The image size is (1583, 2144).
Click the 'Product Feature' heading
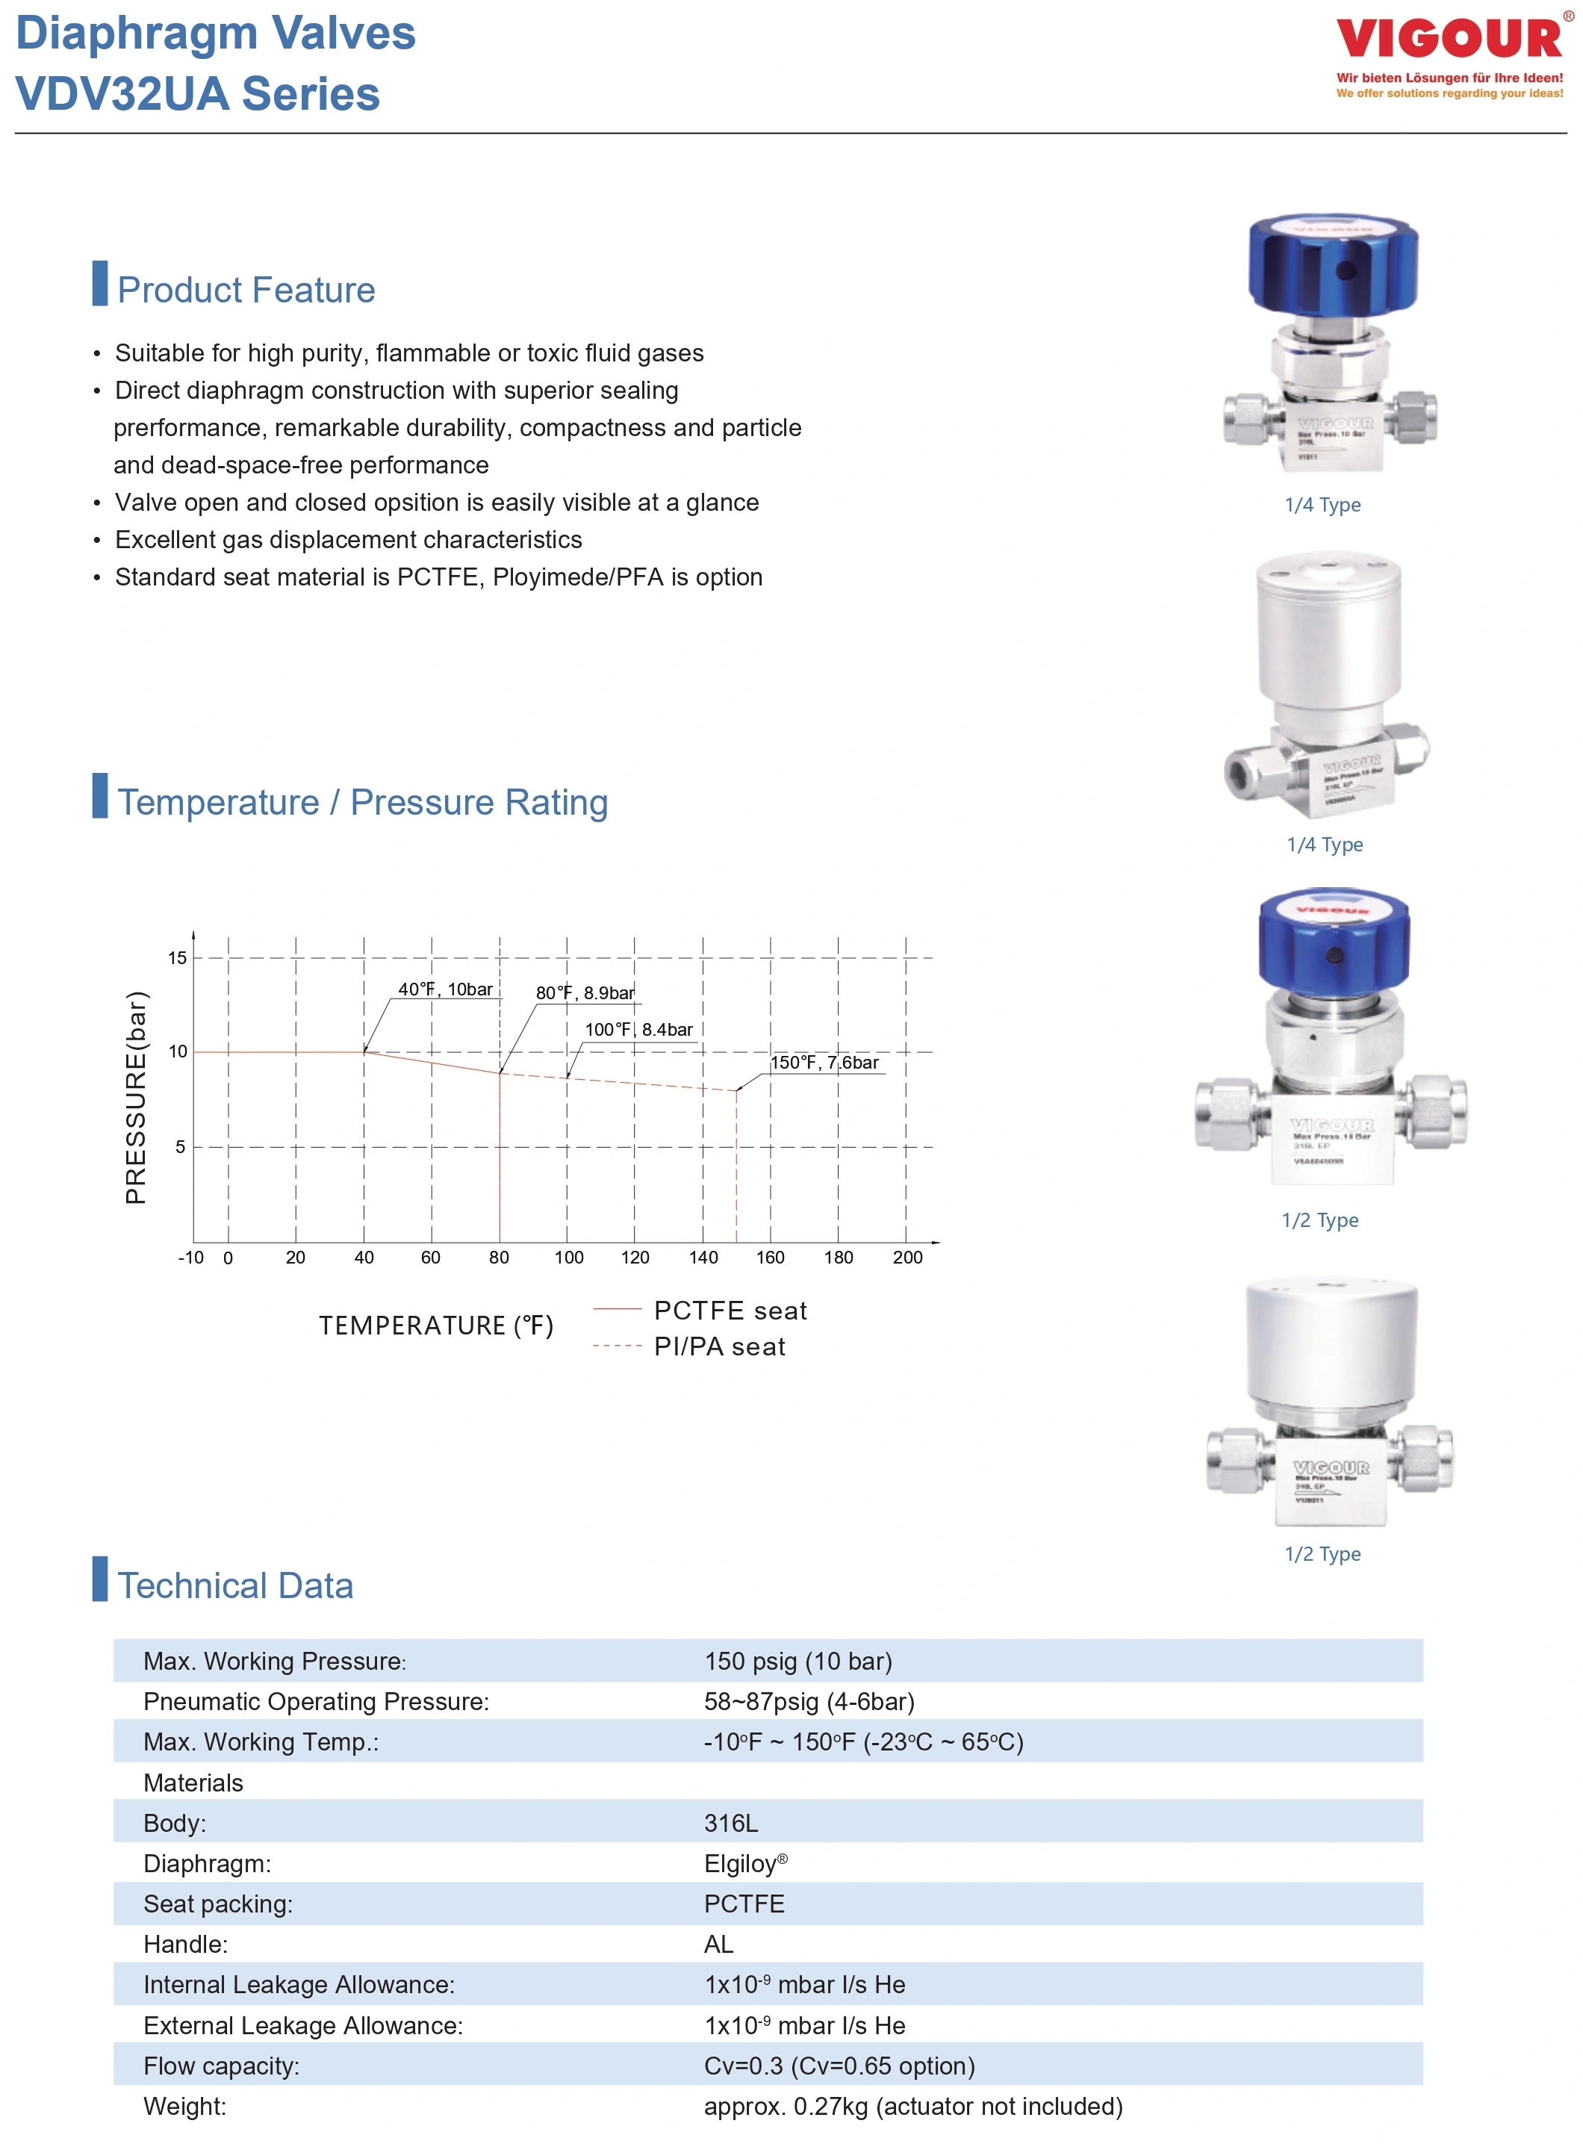[x=246, y=290]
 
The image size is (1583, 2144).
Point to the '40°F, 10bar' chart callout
[x=446, y=989]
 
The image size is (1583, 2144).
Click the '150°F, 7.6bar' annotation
[x=825, y=1062]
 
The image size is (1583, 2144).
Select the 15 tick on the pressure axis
[x=177, y=957]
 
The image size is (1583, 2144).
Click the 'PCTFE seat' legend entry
[x=730, y=1310]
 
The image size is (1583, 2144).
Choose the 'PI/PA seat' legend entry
[x=720, y=1346]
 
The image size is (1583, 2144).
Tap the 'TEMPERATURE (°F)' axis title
[x=436, y=1326]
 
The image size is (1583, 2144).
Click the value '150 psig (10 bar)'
[x=798, y=1661]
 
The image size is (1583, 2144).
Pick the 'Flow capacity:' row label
[x=221, y=2066]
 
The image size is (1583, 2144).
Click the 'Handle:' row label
[x=185, y=1944]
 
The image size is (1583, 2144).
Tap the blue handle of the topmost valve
[x=1333, y=264]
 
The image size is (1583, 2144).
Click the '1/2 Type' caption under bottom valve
[x=1322, y=1553]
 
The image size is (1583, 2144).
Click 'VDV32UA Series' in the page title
[x=199, y=94]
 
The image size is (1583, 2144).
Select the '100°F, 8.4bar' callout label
[x=638, y=1029]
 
